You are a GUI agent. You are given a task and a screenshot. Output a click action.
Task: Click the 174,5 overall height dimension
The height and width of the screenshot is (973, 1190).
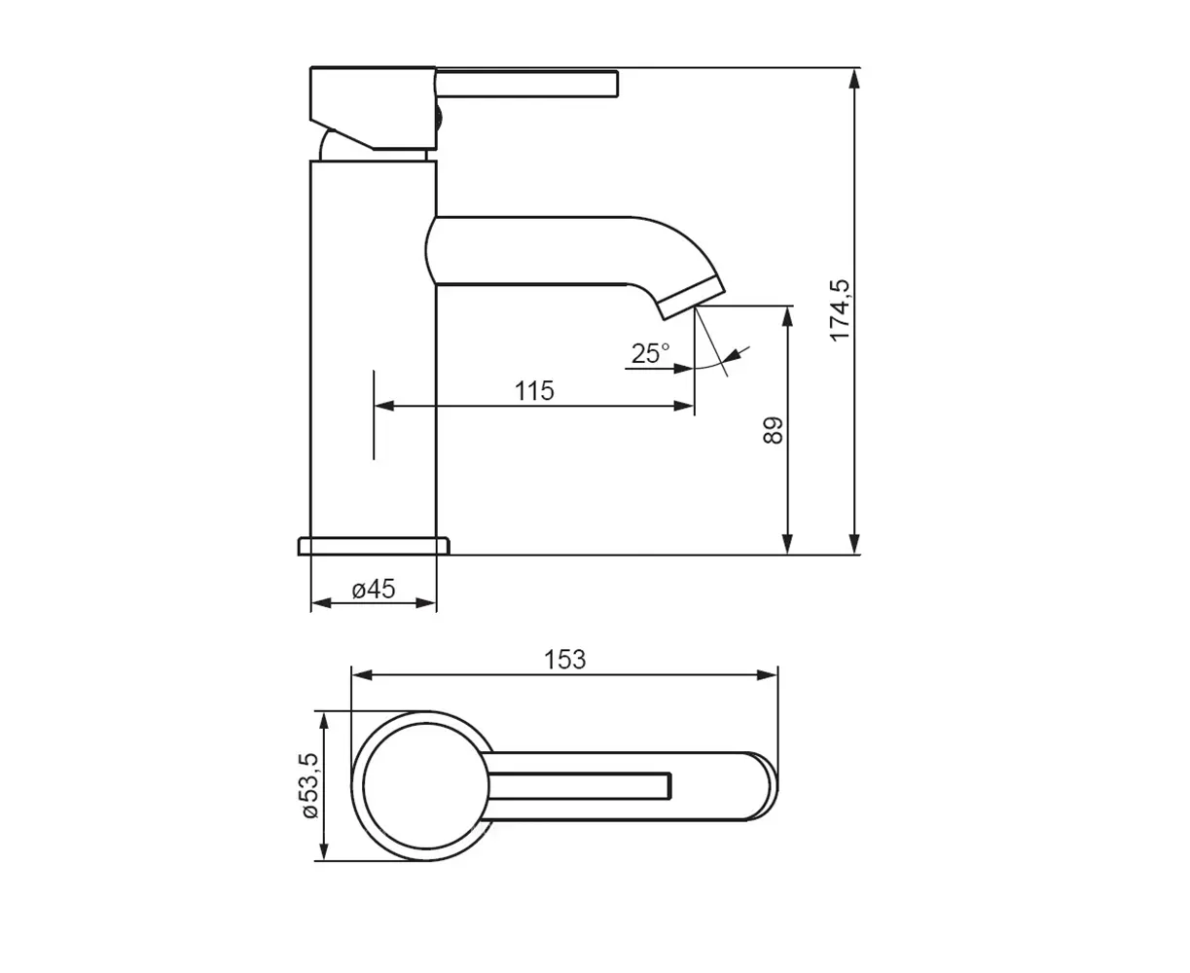tap(840, 310)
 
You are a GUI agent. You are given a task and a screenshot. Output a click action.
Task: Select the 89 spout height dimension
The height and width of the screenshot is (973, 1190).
tap(773, 430)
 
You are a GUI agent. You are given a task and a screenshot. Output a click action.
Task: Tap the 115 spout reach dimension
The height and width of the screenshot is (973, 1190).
tap(534, 390)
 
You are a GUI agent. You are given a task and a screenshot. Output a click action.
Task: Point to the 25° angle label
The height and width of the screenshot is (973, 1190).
tap(650, 354)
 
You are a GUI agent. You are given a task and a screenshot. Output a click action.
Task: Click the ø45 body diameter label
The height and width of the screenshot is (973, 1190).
tap(374, 590)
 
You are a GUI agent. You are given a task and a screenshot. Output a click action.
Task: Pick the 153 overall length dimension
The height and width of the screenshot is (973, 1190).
tap(564, 659)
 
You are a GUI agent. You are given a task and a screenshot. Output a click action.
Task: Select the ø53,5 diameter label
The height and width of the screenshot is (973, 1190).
tap(310, 785)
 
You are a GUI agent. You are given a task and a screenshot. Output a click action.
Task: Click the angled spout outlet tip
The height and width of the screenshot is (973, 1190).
tap(693, 299)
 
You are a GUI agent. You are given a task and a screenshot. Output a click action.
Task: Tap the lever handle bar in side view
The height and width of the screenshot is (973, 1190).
tap(527, 84)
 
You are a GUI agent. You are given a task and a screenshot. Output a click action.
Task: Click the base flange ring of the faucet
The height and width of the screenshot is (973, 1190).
tap(374, 546)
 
